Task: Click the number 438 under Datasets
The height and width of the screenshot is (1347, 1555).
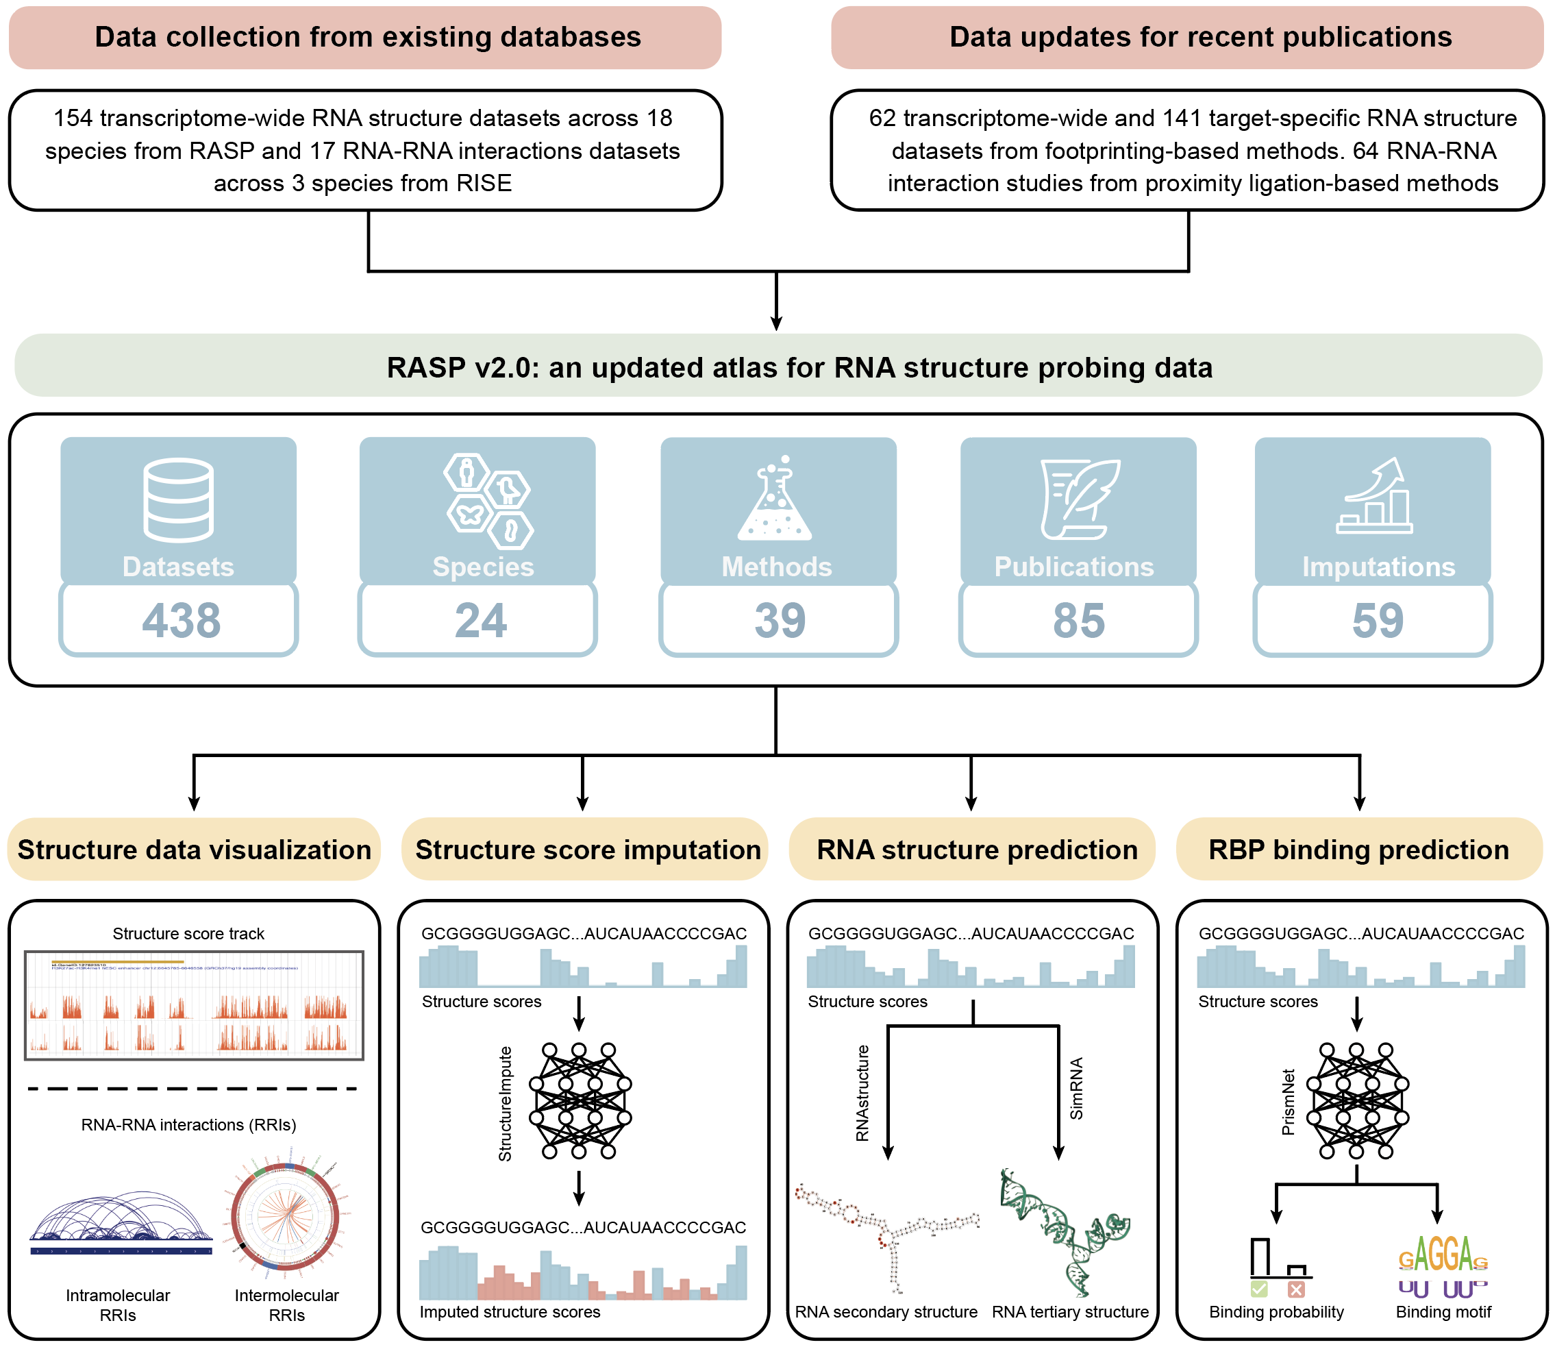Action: [x=181, y=620]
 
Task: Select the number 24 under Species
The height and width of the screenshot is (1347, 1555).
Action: [x=481, y=620]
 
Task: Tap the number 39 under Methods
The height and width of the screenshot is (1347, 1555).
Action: [x=780, y=620]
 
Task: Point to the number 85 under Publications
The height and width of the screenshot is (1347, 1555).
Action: [x=1078, y=620]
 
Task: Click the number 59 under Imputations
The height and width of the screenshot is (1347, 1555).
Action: [x=1378, y=620]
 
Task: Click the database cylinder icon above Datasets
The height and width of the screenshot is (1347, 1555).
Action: [x=179, y=500]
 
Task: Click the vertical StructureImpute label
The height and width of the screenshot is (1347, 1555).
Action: [x=505, y=1104]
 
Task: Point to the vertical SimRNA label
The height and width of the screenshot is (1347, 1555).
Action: [x=1076, y=1089]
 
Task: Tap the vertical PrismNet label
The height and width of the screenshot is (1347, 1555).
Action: [x=1289, y=1102]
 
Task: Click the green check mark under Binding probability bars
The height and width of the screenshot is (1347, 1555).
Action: [x=1259, y=1290]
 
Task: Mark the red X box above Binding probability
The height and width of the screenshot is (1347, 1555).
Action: [x=1295, y=1290]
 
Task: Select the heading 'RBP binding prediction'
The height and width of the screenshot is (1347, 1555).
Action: [x=1358, y=850]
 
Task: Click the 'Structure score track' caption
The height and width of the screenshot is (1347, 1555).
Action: [x=188, y=934]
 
